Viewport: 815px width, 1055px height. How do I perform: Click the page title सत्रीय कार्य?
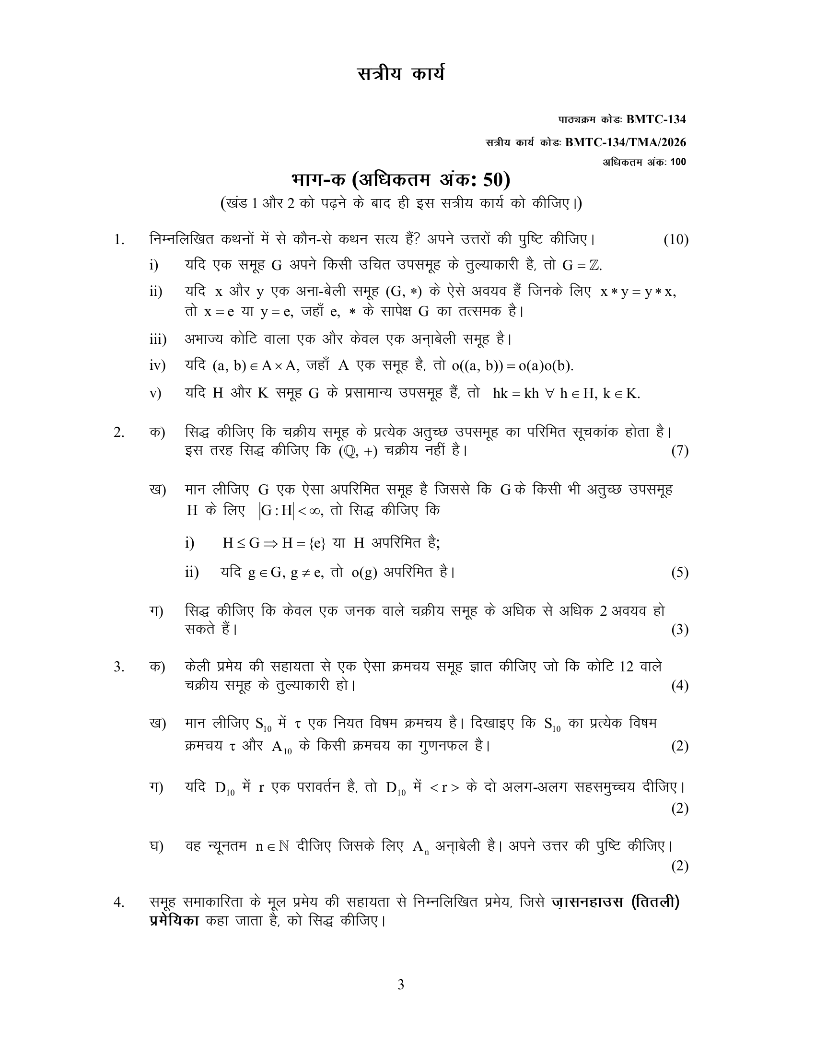[x=400, y=75]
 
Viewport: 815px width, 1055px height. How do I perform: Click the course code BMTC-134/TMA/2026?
[x=625, y=142]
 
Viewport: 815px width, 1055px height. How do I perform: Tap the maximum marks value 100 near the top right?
[x=678, y=162]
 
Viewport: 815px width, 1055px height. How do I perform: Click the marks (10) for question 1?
[x=675, y=240]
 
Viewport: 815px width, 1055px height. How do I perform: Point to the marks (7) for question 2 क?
[x=679, y=451]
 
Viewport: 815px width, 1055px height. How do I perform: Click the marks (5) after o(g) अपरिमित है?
[x=679, y=573]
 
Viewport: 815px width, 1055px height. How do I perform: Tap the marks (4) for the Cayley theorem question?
[x=679, y=686]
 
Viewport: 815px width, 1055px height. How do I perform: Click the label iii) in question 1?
[x=157, y=340]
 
